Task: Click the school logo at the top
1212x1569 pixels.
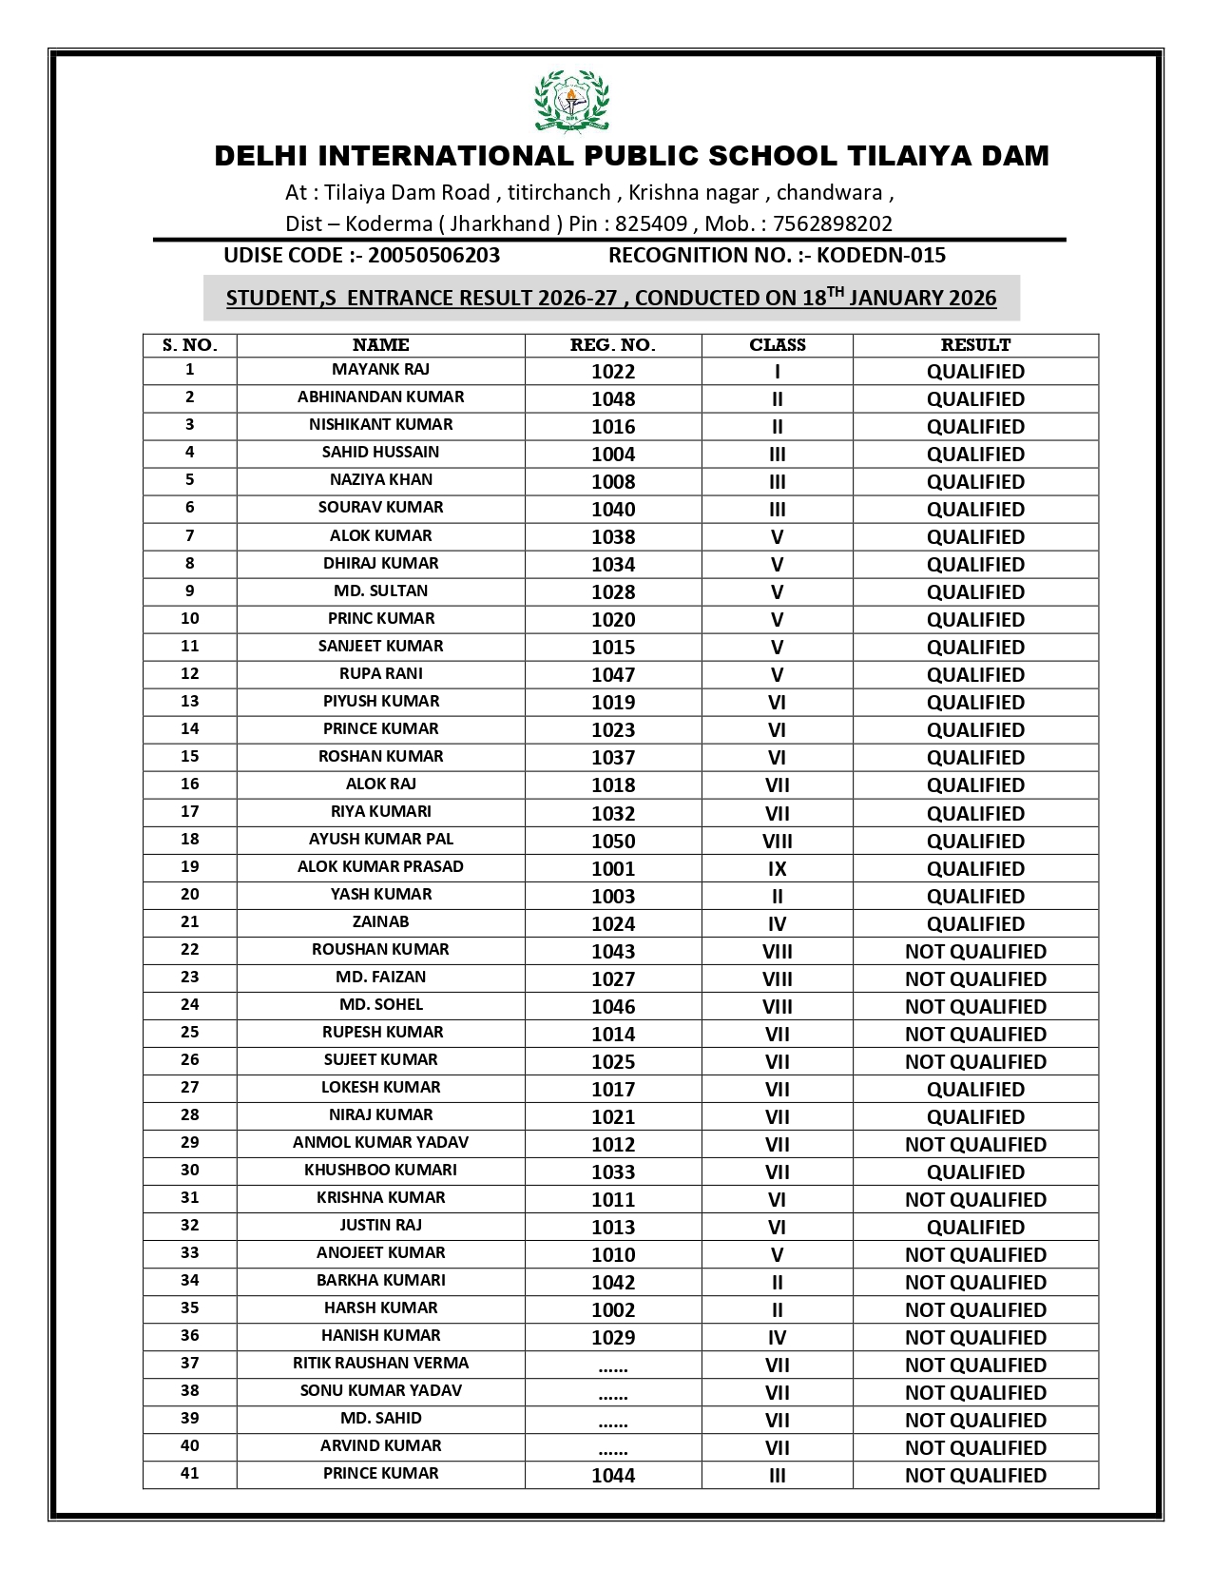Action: pyautogui.click(x=570, y=101)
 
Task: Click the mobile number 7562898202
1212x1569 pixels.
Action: pyautogui.click(x=833, y=224)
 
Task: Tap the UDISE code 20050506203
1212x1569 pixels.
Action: pyautogui.click(x=433, y=256)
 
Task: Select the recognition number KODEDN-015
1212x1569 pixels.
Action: pyautogui.click(x=881, y=256)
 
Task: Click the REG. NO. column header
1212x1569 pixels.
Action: pyautogui.click(x=613, y=345)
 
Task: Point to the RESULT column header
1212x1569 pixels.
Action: pyautogui.click(x=975, y=345)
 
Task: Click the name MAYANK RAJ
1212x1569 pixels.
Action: pyautogui.click(x=380, y=370)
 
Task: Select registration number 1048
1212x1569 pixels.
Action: pyautogui.click(x=613, y=399)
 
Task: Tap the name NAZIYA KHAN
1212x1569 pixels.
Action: pyautogui.click(x=380, y=480)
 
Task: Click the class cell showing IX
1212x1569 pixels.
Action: pyautogui.click(x=777, y=869)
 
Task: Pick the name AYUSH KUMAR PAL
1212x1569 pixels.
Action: pyautogui.click(x=380, y=840)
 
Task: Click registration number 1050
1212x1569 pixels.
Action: pyautogui.click(x=613, y=842)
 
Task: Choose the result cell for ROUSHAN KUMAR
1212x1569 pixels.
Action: pyautogui.click(x=975, y=952)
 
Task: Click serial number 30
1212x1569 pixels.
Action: pyautogui.click(x=190, y=1171)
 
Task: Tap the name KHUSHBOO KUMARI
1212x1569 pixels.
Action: pyautogui.click(x=380, y=1171)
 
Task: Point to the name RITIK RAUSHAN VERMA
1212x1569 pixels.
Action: pyautogui.click(x=380, y=1364)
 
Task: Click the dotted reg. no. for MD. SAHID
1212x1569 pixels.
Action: pyautogui.click(x=613, y=1422)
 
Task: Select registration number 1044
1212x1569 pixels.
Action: pyautogui.click(x=613, y=1476)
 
